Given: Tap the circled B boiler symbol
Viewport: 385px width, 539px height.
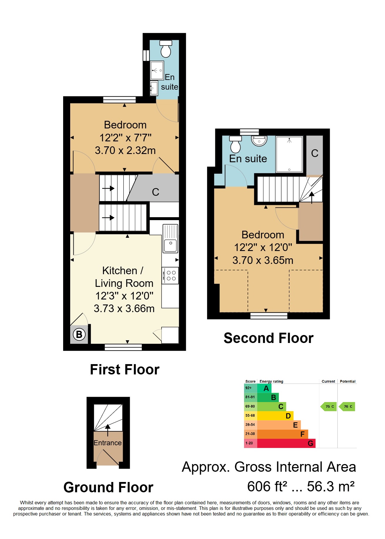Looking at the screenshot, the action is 79,334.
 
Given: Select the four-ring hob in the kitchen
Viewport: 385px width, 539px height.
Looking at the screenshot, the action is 170,275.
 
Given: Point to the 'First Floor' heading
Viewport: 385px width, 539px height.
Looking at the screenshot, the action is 125,369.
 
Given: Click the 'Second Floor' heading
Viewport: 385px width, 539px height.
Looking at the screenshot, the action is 268,338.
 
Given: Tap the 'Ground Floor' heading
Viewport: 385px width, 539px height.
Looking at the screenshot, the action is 108,487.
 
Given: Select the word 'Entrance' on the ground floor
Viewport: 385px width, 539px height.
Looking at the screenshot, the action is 107,443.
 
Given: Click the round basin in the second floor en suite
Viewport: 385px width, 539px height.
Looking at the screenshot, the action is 259,141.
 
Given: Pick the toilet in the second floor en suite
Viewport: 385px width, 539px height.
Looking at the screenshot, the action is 236,144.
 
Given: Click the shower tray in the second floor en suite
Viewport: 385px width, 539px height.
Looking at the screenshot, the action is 289,154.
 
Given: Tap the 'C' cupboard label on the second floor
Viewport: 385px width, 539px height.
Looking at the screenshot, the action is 315,153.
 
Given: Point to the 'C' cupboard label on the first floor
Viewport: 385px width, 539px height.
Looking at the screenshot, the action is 155,192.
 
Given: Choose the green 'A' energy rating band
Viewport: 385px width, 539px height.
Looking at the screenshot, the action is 264,388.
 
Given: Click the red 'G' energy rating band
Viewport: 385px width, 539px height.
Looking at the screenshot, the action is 286,443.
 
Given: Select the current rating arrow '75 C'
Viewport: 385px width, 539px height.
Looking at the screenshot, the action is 328,406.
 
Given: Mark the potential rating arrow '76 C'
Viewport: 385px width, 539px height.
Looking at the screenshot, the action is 347,406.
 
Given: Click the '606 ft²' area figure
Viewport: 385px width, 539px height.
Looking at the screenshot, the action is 267,486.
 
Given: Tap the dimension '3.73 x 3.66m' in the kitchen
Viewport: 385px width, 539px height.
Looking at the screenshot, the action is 124,308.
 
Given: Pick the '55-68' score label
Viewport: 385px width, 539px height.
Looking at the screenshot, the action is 250,416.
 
